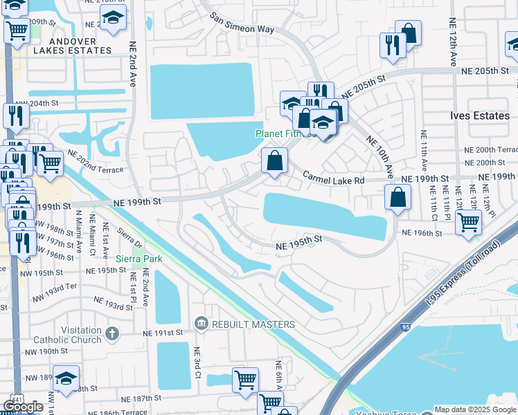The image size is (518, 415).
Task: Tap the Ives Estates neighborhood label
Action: click(479, 116)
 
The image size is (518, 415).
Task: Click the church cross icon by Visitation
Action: click(112, 335)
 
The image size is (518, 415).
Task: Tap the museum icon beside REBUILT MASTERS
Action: click(201, 322)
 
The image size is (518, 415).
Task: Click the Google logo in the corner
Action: click(23, 406)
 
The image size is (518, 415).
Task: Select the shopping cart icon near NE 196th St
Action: click(469, 222)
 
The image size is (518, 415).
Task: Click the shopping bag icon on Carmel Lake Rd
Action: click(275, 161)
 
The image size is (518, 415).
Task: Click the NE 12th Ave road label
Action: click(453, 41)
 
